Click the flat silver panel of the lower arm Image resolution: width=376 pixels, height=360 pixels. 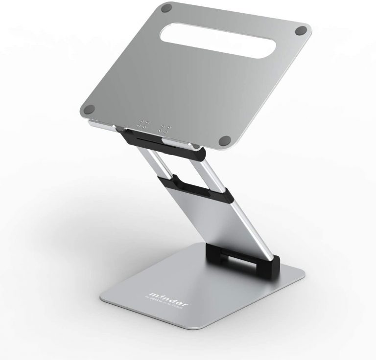(225, 220)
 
